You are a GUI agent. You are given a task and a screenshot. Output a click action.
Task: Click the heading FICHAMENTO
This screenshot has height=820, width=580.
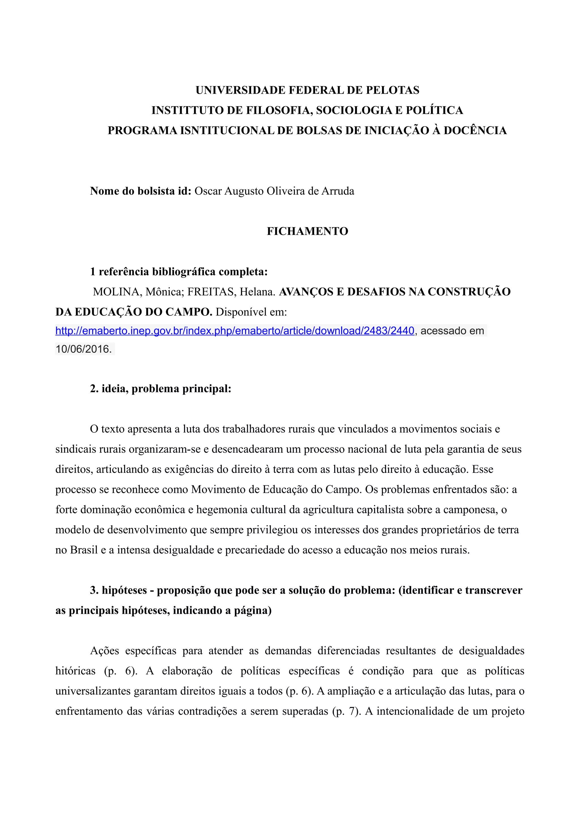pyautogui.click(x=307, y=231)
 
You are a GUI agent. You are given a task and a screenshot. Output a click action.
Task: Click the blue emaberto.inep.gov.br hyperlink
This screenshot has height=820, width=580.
pyautogui.click(x=235, y=331)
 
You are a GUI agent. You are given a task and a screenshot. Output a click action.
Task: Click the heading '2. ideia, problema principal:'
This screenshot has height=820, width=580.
pyautogui.click(x=161, y=388)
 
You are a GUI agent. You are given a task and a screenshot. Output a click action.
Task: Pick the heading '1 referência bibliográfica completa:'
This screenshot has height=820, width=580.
pyautogui.click(x=179, y=272)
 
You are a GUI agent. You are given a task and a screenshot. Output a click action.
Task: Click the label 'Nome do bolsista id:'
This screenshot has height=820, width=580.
pyautogui.click(x=141, y=191)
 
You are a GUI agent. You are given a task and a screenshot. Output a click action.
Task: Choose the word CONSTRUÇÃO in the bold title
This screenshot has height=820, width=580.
pyautogui.click(x=469, y=292)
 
